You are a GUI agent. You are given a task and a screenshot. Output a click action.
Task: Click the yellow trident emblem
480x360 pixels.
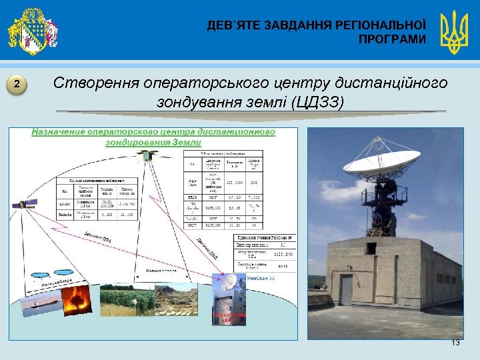455,32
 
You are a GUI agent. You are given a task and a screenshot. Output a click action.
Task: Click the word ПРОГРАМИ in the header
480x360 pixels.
391,40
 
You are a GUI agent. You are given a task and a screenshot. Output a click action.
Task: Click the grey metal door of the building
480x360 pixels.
346,291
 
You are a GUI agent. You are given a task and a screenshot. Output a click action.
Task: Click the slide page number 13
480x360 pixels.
455,342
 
